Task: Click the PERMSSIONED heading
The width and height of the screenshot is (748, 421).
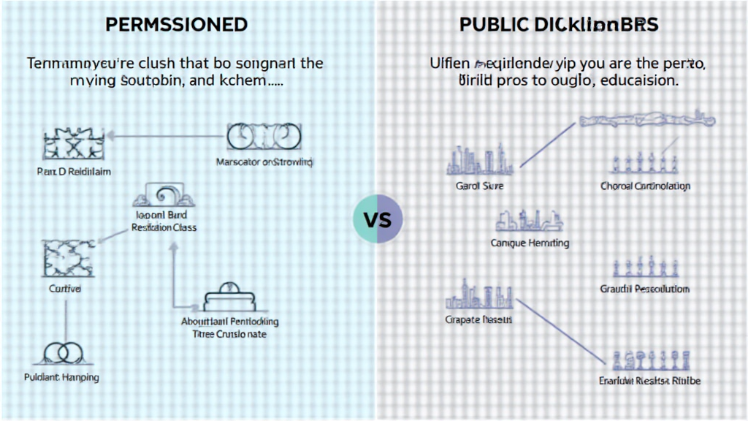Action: (x=177, y=24)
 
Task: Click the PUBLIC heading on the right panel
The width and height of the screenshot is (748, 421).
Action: (x=559, y=24)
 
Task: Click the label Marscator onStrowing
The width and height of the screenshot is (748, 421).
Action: (x=264, y=162)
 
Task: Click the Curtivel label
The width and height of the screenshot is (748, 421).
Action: (x=65, y=289)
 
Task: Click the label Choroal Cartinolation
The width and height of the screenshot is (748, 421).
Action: (x=645, y=186)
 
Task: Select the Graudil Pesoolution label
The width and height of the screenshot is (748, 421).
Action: (x=645, y=289)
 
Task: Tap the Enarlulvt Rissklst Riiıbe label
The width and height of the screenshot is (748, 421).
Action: (x=649, y=381)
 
